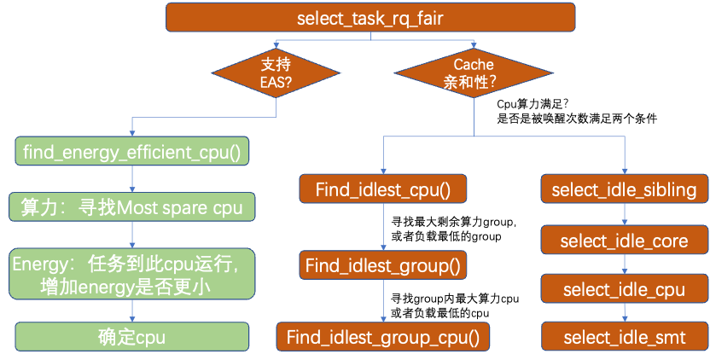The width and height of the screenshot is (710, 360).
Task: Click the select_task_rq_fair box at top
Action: tap(370, 17)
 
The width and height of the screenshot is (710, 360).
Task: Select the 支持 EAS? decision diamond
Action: tap(276, 73)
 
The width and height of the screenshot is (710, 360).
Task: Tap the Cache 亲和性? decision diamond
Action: tap(473, 73)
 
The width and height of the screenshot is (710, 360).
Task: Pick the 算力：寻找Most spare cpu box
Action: tap(131, 206)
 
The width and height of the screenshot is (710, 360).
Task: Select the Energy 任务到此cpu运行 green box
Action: tap(131, 274)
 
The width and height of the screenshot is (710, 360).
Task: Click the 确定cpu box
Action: tap(131, 336)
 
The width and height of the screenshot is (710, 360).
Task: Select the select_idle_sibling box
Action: tap(624, 189)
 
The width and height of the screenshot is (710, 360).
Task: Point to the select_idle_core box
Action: tap(624, 241)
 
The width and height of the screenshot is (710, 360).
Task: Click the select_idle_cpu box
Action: tap(624, 290)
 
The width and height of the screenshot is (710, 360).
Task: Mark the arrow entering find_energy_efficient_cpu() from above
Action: tap(131, 127)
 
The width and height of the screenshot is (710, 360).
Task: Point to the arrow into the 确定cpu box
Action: tap(131, 311)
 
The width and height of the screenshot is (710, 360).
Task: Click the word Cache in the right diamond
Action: tap(473, 64)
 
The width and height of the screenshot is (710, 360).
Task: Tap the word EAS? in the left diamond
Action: tap(276, 83)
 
